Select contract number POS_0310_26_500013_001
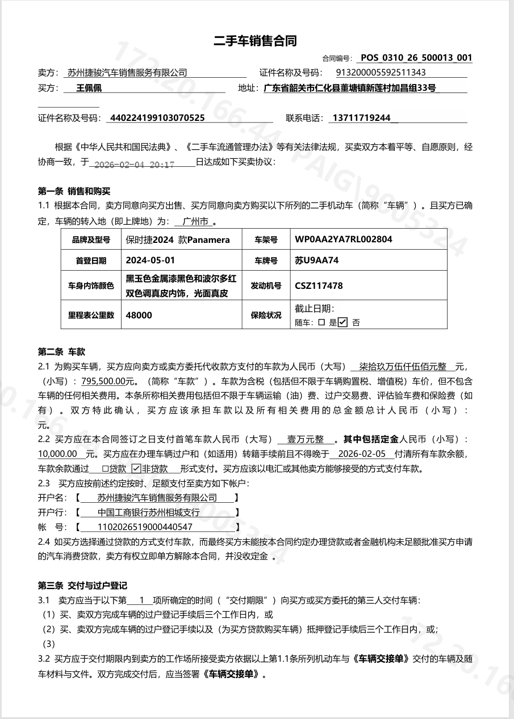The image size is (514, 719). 416,58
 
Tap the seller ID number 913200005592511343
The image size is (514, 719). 381,73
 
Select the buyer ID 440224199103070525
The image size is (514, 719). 157,118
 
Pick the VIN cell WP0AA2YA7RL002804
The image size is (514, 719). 343,239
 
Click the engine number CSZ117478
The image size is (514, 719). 319,286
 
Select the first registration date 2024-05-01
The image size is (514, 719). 151,261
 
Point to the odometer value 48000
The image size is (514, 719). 139,315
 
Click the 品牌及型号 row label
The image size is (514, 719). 91,240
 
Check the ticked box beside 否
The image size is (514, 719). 342,322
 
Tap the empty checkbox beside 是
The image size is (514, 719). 321,322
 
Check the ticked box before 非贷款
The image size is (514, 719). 136,469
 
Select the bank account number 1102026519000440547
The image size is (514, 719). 145,527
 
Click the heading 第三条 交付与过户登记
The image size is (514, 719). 82,585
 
